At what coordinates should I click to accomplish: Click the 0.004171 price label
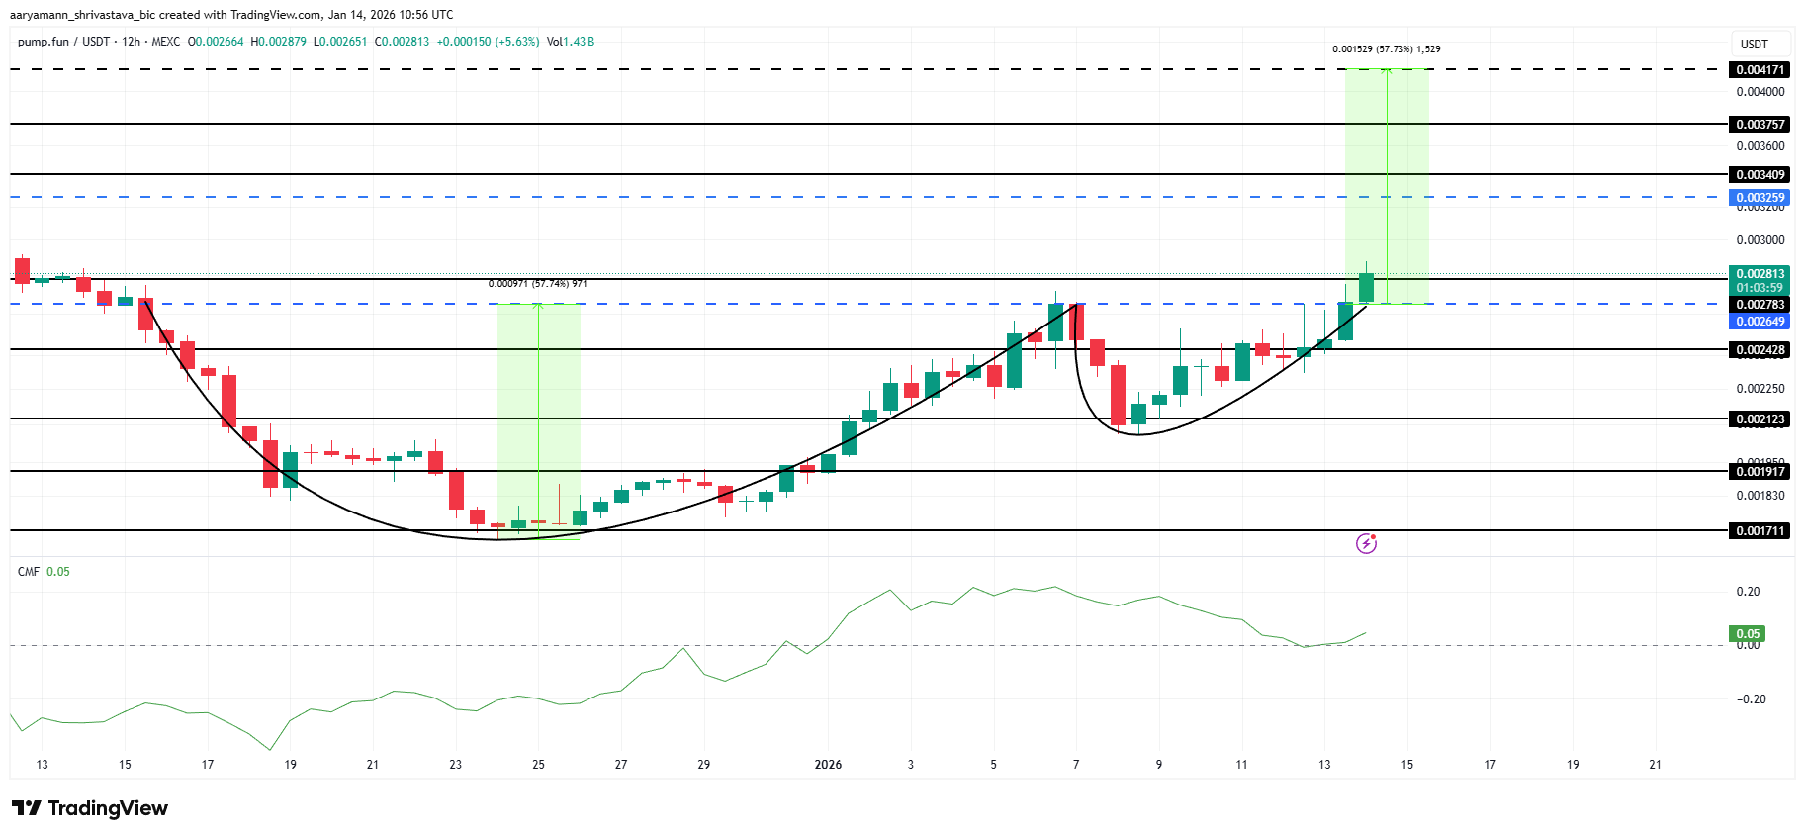(x=1760, y=70)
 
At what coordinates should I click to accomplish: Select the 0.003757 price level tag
(x=1760, y=125)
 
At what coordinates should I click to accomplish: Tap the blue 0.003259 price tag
(x=1760, y=197)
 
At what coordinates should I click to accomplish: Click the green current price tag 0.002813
(x=1760, y=274)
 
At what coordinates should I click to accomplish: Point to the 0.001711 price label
(x=1760, y=531)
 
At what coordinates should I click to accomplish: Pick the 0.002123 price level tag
(x=1760, y=419)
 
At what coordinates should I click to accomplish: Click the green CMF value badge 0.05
(x=1748, y=634)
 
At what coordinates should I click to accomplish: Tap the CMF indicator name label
(x=28, y=572)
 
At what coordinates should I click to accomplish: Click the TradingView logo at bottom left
(x=90, y=808)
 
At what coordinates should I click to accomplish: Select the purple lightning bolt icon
(x=1366, y=543)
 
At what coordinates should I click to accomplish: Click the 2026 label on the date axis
(x=828, y=765)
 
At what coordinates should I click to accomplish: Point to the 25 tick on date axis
(x=538, y=765)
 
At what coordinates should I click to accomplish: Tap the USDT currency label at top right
(x=1754, y=45)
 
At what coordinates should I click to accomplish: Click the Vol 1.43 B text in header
(x=571, y=42)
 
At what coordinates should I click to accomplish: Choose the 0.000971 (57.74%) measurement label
(x=537, y=284)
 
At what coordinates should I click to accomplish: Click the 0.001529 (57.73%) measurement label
(x=1386, y=49)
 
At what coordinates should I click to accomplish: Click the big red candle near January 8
(x=1118, y=395)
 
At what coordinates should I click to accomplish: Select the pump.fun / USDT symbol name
(x=63, y=42)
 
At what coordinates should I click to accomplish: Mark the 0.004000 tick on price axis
(x=1760, y=92)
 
